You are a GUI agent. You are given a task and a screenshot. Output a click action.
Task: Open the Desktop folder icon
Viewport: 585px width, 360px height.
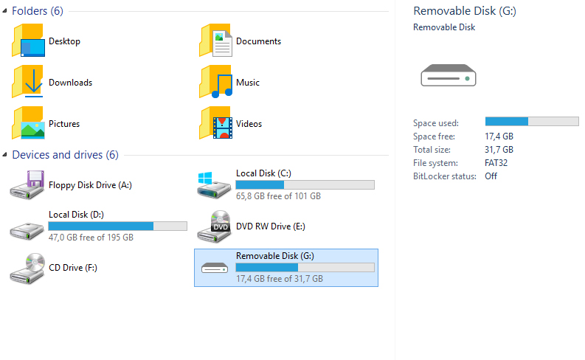click(28, 41)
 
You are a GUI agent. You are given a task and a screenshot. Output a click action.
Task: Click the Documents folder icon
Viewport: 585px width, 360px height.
click(215, 41)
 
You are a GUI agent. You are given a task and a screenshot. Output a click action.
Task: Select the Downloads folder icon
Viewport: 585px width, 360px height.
click(28, 83)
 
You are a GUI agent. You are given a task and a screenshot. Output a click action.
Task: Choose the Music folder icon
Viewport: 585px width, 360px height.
click(215, 83)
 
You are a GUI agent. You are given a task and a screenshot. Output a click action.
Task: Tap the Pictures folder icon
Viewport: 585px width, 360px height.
click(28, 124)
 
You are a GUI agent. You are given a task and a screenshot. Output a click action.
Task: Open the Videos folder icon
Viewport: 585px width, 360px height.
click(215, 124)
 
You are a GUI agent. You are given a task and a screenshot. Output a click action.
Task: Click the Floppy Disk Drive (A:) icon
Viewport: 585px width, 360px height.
click(28, 185)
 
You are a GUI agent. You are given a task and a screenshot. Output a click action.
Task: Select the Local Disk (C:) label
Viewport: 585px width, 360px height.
click(263, 173)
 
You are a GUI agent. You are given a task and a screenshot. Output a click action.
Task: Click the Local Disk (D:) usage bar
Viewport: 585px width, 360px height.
click(117, 226)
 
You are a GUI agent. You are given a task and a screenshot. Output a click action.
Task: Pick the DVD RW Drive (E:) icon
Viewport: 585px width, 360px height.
click(215, 226)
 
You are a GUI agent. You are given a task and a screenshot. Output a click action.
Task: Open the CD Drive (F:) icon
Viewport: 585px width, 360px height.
click(28, 268)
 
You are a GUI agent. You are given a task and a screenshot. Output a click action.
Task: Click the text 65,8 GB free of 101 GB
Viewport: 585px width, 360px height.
click(278, 196)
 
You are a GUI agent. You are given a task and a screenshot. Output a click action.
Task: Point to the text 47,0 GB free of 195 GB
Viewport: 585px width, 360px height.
click(91, 238)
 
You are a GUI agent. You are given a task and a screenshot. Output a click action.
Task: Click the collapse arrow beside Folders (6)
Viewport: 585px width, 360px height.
click(5, 11)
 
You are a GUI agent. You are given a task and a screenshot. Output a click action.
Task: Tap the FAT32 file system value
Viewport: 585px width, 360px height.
click(496, 163)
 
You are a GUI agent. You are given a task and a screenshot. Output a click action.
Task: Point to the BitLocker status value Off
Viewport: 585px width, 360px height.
click(491, 176)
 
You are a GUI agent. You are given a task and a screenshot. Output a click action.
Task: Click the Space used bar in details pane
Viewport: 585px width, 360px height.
click(531, 121)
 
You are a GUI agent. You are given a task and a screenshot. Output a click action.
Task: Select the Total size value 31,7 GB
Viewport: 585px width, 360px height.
click(499, 150)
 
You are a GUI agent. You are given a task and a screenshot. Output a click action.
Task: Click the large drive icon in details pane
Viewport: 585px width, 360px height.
click(449, 75)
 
